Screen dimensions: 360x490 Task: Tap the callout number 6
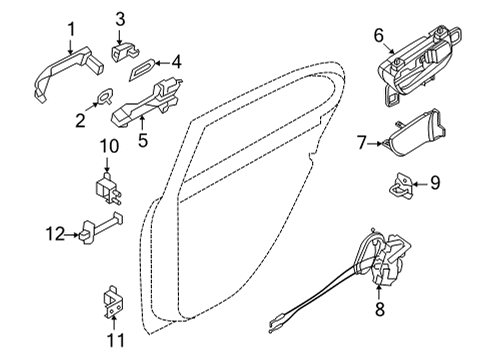379,35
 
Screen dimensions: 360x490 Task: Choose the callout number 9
434,182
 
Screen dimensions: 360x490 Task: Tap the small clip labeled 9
402,182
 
